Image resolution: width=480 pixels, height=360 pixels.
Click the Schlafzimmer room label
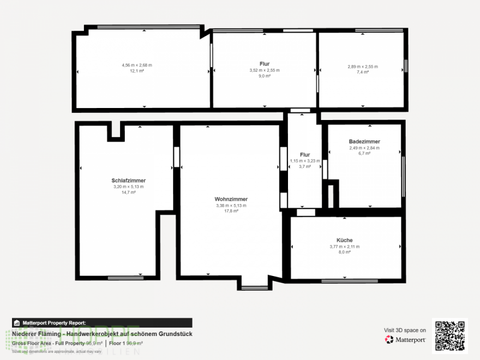[x=128, y=181]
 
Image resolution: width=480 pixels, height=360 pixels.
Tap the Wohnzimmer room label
[x=231, y=199]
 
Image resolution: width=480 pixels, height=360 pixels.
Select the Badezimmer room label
[x=364, y=141]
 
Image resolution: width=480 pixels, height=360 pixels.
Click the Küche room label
[x=344, y=241]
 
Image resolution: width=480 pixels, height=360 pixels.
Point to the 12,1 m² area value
[x=137, y=71]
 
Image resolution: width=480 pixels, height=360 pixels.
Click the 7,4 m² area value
[x=363, y=73]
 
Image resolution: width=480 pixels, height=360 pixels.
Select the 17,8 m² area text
[x=231, y=211]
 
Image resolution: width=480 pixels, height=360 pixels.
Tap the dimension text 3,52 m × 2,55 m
[x=265, y=70]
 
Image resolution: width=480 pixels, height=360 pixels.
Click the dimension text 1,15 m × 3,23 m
[x=305, y=161]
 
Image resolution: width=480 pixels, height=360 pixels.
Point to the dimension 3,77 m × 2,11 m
[x=344, y=247]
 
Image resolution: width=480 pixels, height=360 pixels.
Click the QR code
[x=450, y=336]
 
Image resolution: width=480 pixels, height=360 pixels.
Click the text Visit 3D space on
[x=405, y=330]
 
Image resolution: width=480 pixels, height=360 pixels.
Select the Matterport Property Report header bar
[x=102, y=323]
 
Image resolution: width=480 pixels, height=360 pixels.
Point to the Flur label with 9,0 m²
[x=265, y=64]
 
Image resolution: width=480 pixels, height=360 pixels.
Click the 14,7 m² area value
[x=128, y=193]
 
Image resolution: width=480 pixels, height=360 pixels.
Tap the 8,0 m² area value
[x=344, y=253]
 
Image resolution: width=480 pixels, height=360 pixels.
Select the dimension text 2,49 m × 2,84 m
[x=364, y=148]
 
